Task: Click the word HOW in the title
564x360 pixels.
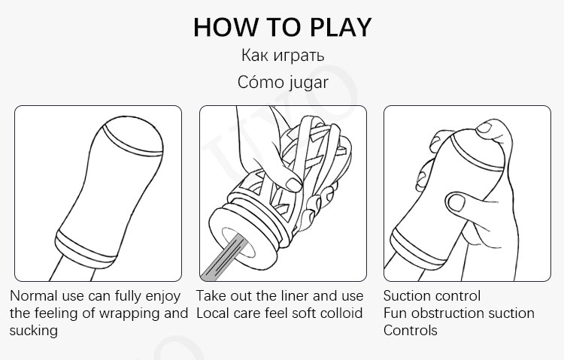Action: tap(226, 27)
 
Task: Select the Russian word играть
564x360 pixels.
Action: tap(299, 56)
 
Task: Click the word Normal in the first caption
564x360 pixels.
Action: tap(34, 295)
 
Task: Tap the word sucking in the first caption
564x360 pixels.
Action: tap(34, 331)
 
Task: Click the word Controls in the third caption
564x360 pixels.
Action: tap(411, 330)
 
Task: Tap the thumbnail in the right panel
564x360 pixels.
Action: tap(456, 202)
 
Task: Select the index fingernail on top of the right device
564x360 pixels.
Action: tap(484, 128)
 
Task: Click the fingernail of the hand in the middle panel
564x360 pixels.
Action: tap(293, 185)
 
